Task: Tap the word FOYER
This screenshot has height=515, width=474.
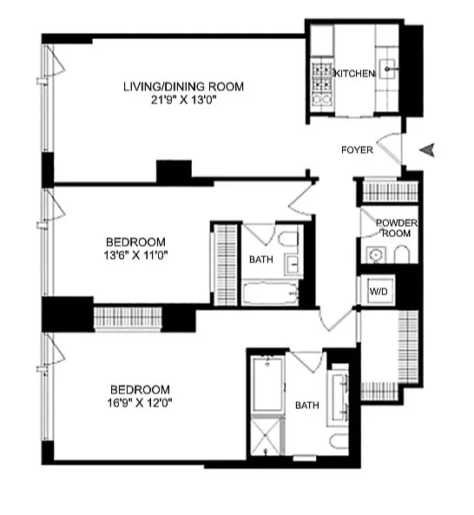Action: click(358, 150)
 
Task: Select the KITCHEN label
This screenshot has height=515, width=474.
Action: click(354, 75)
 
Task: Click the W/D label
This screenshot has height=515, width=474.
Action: click(380, 291)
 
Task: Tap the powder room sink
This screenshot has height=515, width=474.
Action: click(375, 254)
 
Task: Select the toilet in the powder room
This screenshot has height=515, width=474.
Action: click(402, 254)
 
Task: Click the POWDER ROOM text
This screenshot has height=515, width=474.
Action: click(396, 228)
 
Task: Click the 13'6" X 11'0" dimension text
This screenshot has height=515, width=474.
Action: click(136, 255)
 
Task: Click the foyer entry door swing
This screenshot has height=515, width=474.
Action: click(392, 149)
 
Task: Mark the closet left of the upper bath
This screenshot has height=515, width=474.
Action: click(225, 264)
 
